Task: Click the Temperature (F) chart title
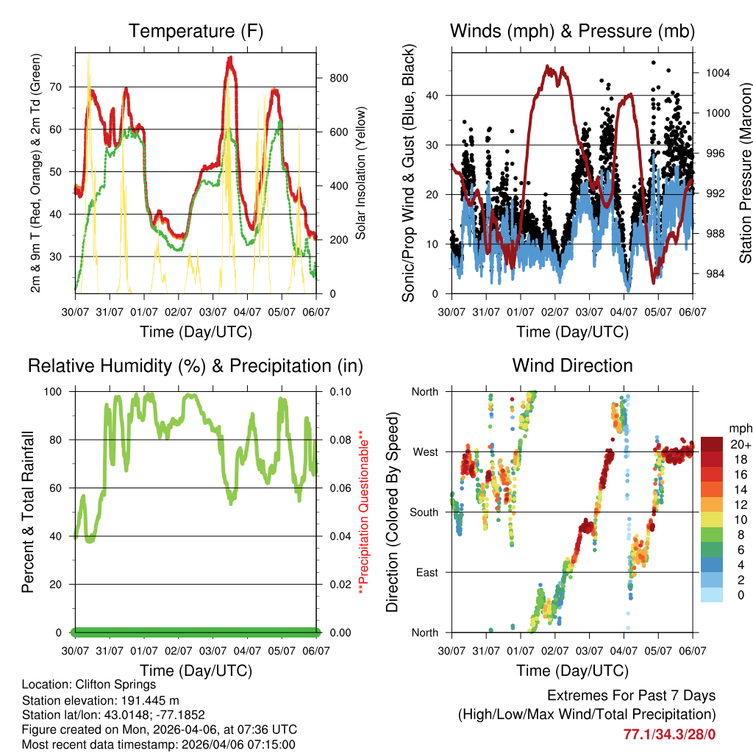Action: point(196,31)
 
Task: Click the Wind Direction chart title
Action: point(572,365)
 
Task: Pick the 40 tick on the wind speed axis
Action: point(435,96)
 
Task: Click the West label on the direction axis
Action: point(425,452)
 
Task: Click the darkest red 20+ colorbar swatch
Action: point(712,444)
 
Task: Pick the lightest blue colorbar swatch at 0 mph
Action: point(712,594)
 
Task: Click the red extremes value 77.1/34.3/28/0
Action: point(669,734)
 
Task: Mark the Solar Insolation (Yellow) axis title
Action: point(361,174)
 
